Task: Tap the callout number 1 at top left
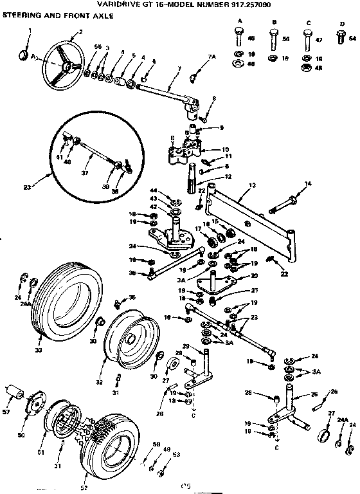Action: click(x=29, y=30)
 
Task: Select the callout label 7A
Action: click(x=212, y=57)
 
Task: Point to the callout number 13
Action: click(x=251, y=185)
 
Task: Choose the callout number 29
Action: click(x=185, y=347)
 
